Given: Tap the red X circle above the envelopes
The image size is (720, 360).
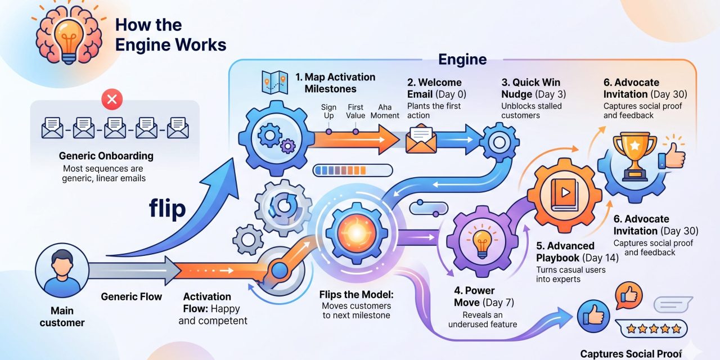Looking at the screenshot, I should [112, 100].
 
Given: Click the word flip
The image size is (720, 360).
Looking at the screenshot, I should [167, 209].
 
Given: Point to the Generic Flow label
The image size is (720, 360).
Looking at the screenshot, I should [131, 296].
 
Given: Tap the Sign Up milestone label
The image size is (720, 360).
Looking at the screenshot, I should [328, 111].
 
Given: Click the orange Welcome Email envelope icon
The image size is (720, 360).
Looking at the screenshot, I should [421, 138].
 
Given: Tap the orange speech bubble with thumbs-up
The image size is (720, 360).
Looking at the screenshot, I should [630, 294].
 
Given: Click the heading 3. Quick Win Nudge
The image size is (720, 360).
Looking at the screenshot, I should [530, 88].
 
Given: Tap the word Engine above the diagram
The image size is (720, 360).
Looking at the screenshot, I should [462, 59].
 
